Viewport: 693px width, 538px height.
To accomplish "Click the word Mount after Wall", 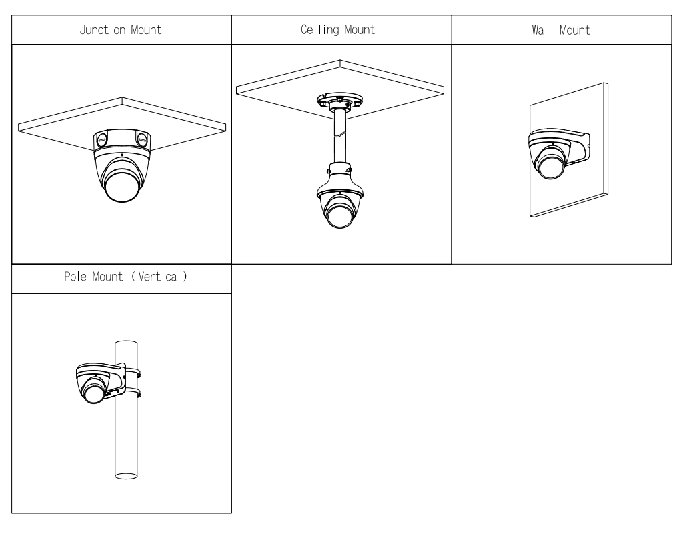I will click(575, 30).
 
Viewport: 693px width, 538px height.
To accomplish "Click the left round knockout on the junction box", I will click(101, 140).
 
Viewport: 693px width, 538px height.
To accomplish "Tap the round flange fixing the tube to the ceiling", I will click(339, 102).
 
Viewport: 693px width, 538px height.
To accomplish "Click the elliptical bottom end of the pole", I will click(125, 475).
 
